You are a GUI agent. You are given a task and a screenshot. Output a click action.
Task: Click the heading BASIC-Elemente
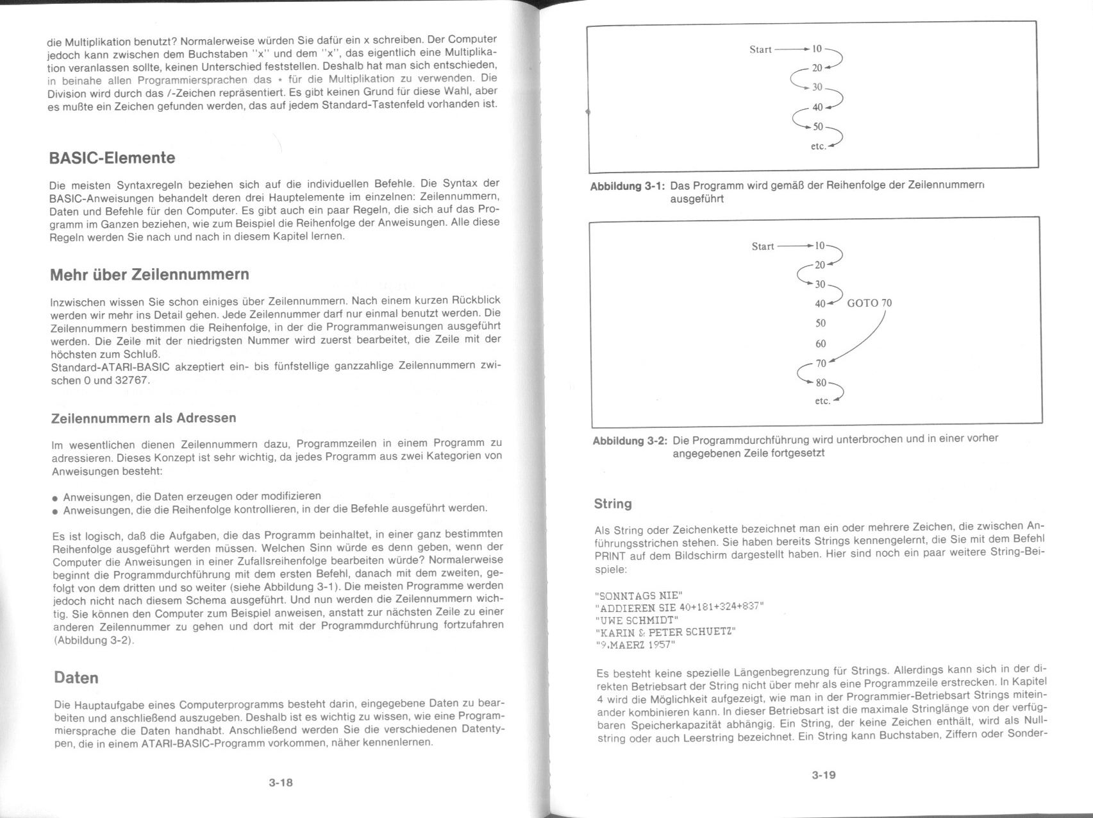click(x=112, y=158)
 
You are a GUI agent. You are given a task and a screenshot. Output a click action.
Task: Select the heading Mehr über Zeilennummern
click(x=149, y=275)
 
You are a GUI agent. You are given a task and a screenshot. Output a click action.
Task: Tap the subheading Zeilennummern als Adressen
click(x=144, y=418)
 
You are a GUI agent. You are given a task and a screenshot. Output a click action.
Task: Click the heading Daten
click(x=76, y=678)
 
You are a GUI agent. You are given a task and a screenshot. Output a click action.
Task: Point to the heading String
click(x=613, y=504)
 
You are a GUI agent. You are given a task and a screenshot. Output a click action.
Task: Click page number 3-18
click(x=281, y=783)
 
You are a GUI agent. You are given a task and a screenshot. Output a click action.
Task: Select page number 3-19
click(x=824, y=775)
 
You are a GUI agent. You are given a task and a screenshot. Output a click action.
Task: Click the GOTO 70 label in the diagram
click(x=869, y=303)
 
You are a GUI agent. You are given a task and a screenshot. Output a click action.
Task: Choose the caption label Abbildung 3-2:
click(x=630, y=441)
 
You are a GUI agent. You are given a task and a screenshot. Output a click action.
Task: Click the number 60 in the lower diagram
click(x=821, y=344)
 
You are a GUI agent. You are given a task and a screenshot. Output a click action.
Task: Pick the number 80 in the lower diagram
click(x=821, y=383)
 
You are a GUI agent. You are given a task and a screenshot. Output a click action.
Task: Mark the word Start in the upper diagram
click(x=760, y=50)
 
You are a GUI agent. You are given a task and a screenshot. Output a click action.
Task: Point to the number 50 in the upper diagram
click(x=818, y=127)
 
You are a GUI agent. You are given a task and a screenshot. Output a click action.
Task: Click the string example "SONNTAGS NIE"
click(x=639, y=595)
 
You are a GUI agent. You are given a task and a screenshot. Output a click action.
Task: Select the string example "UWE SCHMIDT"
click(x=637, y=620)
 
